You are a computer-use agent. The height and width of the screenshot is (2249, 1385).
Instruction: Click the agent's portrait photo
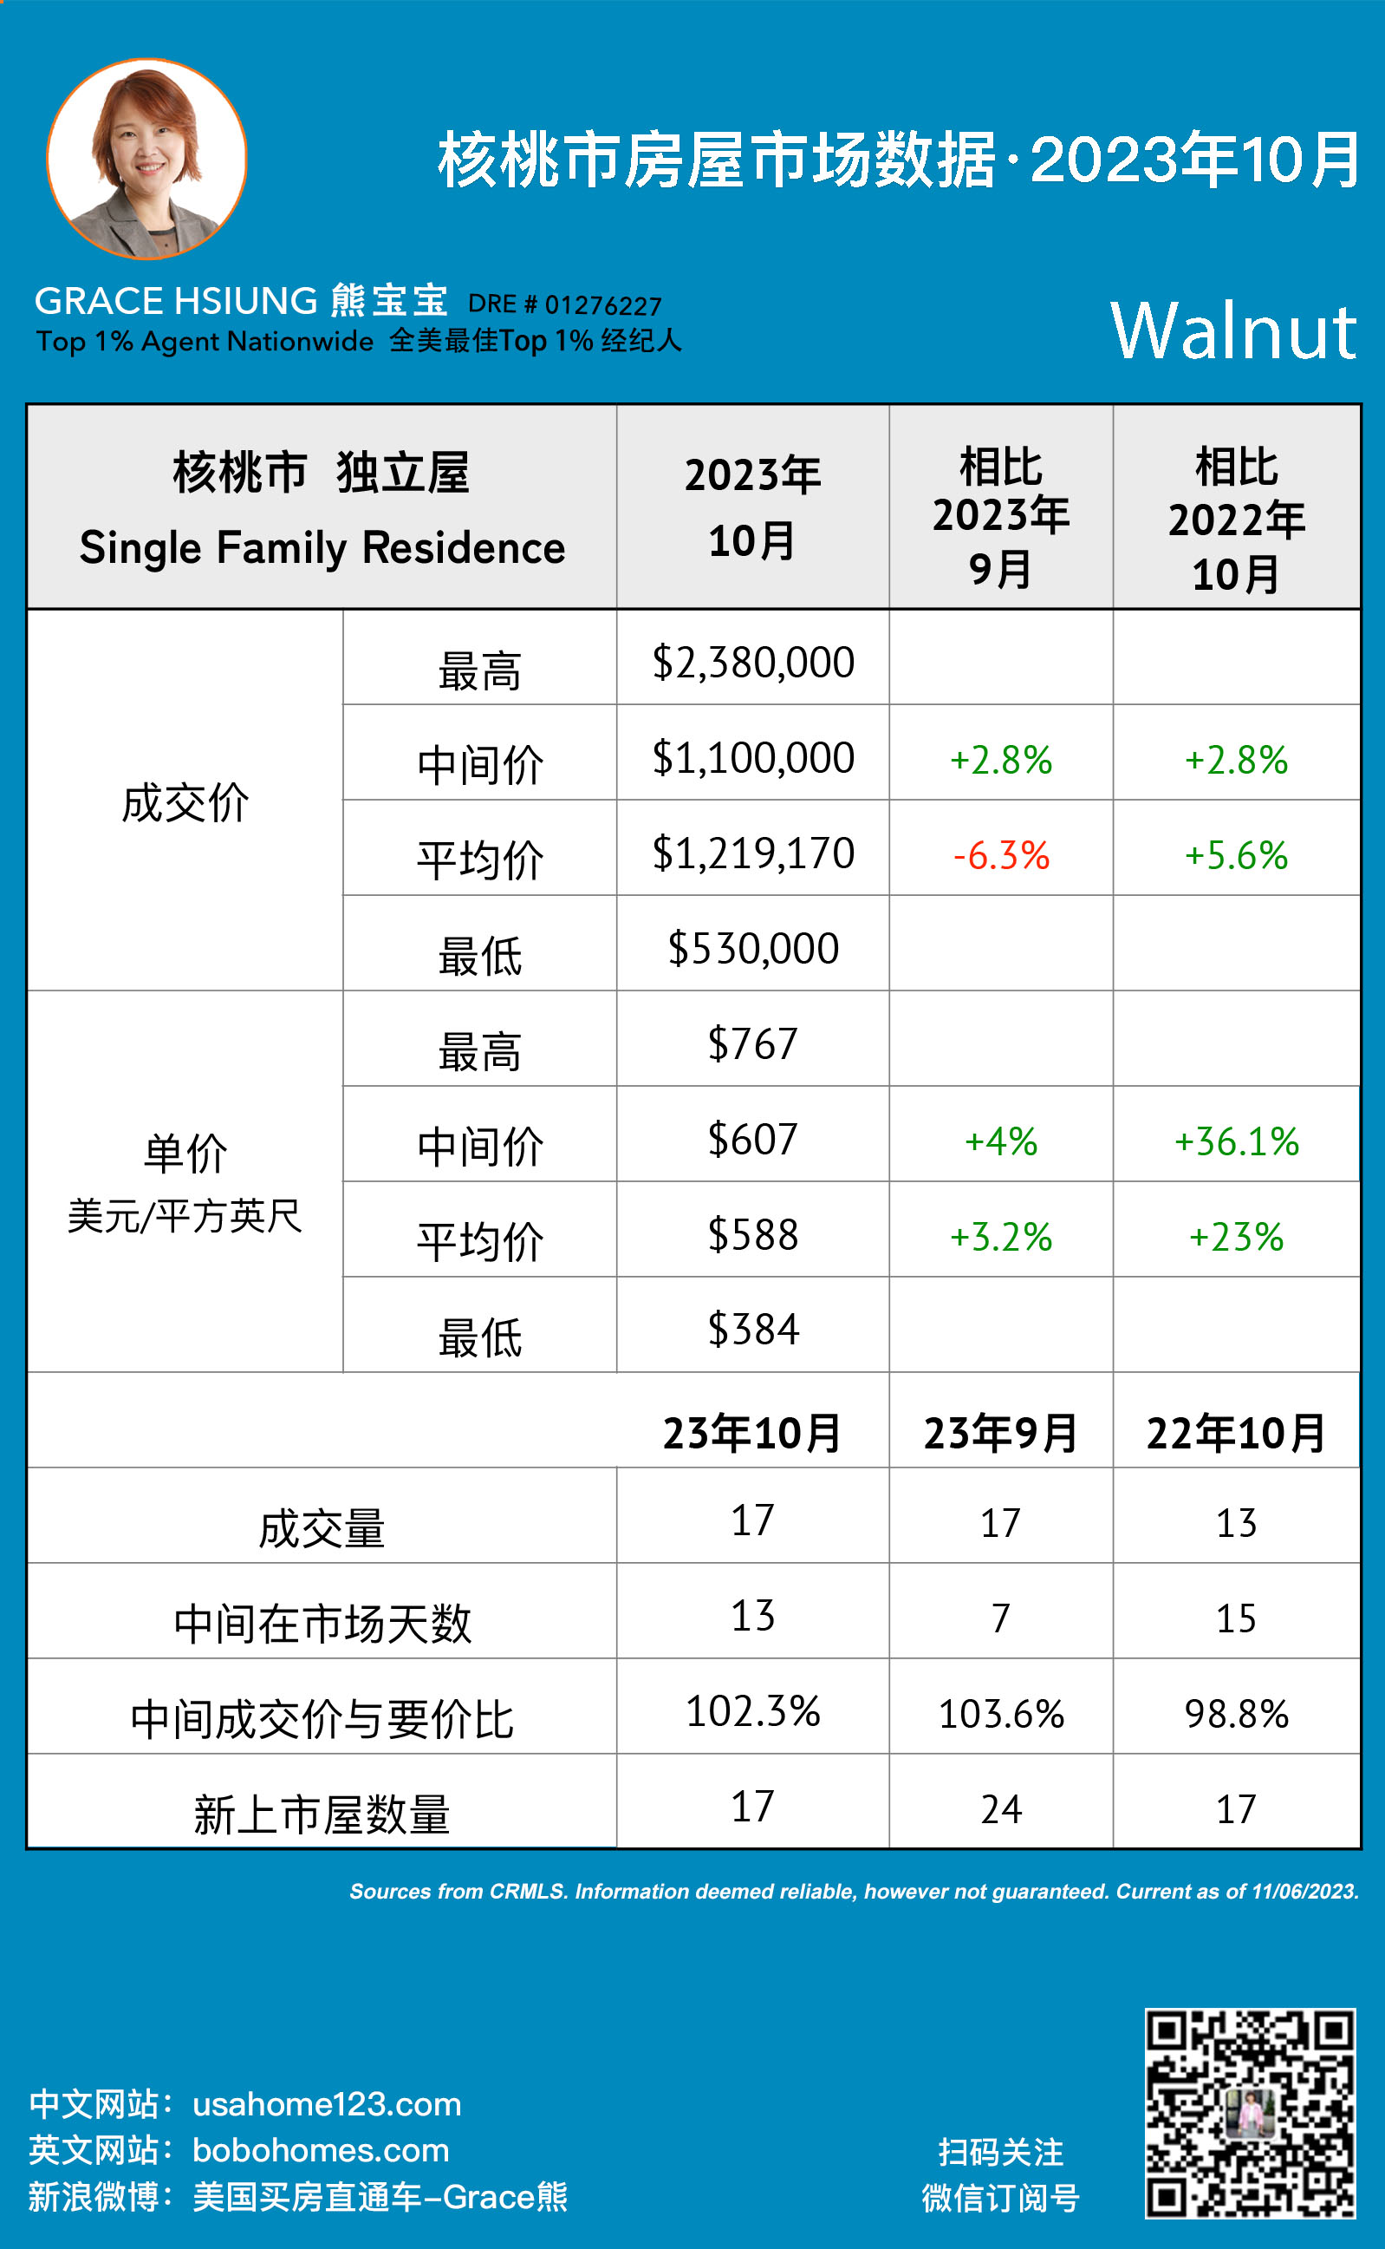(x=146, y=159)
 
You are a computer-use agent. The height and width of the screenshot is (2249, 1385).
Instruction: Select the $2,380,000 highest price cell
(x=753, y=663)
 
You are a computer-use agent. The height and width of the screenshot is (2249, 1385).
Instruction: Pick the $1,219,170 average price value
(x=753, y=853)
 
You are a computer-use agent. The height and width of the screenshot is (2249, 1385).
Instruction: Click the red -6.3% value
(x=1000, y=855)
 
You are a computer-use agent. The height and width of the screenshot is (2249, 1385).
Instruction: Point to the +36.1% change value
(x=1236, y=1142)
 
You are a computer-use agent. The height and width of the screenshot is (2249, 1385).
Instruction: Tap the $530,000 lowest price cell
(x=753, y=949)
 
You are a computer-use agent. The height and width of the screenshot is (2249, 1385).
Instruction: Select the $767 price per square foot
(x=753, y=1044)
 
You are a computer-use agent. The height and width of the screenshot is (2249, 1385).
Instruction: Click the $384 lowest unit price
(x=753, y=1330)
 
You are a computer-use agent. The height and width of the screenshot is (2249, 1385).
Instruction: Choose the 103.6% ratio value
(x=1000, y=1714)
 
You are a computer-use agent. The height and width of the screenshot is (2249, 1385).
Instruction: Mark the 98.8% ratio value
(x=1236, y=1714)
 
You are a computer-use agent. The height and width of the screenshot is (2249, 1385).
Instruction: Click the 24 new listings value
(x=1000, y=1809)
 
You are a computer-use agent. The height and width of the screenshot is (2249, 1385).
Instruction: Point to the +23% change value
(x=1236, y=1237)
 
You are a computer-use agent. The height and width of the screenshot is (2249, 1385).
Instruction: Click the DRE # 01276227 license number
(x=564, y=305)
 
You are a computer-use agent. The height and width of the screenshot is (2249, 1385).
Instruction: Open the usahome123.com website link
(x=326, y=2104)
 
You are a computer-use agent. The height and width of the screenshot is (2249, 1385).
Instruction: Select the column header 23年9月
(x=1000, y=1434)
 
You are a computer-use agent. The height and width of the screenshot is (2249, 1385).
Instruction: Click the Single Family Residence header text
(x=322, y=548)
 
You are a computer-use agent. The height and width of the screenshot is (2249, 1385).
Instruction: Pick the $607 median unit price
(x=753, y=1139)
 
